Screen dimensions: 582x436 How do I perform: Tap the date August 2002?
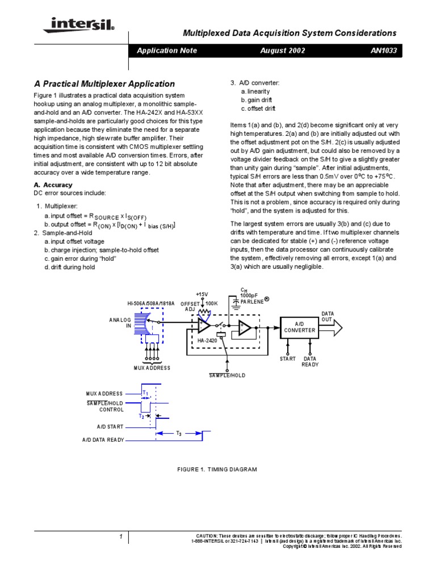click(x=283, y=51)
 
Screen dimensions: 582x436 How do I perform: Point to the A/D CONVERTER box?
click(x=300, y=327)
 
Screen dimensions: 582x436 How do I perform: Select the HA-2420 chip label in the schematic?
click(x=207, y=340)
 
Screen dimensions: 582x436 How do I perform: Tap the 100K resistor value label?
click(x=212, y=304)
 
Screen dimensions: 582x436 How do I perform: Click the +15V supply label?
click(x=203, y=294)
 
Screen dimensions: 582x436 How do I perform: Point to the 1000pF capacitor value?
click(x=249, y=296)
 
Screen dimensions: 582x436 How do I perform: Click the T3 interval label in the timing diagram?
click(x=178, y=434)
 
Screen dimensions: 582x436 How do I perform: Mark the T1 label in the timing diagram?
click(x=145, y=393)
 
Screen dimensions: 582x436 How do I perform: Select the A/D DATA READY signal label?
click(x=103, y=440)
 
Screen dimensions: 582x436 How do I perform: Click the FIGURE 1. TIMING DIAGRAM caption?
click(x=217, y=469)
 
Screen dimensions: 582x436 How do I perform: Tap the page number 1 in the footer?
click(x=121, y=537)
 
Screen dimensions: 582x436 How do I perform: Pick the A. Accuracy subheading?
click(x=53, y=185)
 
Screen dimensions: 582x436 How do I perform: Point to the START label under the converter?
click(x=288, y=359)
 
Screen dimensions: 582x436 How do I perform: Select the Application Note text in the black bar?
click(x=167, y=51)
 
